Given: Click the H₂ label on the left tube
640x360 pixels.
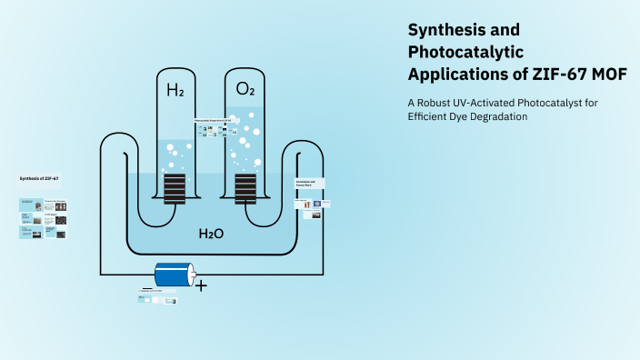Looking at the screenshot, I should tap(175, 90).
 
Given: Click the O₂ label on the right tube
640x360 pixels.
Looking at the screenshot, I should tap(245, 89).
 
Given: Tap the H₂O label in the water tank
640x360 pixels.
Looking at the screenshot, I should tap(211, 234).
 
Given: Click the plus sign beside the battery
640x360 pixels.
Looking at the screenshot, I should tap(201, 285).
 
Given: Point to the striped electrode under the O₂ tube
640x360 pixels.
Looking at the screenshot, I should tap(245, 187).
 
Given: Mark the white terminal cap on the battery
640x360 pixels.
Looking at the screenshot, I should tap(191, 274).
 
